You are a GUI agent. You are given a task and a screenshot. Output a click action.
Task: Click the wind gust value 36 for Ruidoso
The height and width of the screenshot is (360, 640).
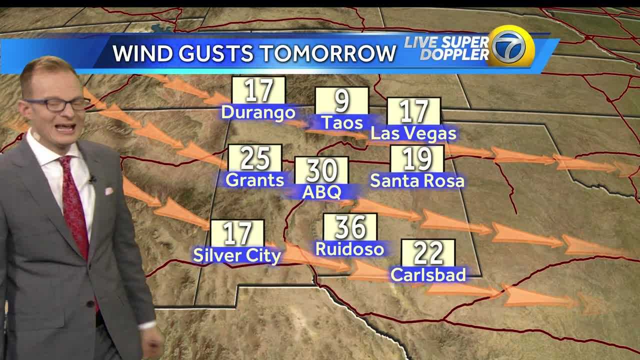pyautogui.click(x=350, y=227)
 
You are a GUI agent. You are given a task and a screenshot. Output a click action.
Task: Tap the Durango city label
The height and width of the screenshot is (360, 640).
pyautogui.click(x=258, y=112)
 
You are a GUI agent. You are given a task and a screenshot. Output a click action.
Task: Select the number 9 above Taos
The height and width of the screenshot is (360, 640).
pyautogui.click(x=341, y=101)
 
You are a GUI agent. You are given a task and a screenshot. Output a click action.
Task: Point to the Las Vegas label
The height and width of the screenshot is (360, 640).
pyautogui.click(x=413, y=133)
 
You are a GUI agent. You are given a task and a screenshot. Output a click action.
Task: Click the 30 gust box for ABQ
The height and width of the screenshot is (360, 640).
pyautogui.click(x=321, y=170)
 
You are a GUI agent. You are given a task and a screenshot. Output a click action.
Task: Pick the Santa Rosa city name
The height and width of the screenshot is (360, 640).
pyautogui.click(x=417, y=180)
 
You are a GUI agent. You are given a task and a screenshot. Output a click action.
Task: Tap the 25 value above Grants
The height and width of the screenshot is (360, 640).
pyautogui.click(x=255, y=158)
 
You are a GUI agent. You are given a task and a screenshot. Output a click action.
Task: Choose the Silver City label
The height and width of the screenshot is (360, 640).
pyautogui.click(x=237, y=255)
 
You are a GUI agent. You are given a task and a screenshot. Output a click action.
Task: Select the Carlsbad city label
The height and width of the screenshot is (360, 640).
pyautogui.click(x=428, y=274)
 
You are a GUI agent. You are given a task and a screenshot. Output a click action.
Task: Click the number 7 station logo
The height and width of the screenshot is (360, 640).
pyautogui.click(x=510, y=46)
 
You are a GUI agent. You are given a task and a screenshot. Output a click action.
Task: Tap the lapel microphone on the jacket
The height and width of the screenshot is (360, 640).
pyautogui.click(x=92, y=178)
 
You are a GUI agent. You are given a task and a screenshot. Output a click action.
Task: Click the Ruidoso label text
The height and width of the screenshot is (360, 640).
pyautogui.click(x=349, y=248)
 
